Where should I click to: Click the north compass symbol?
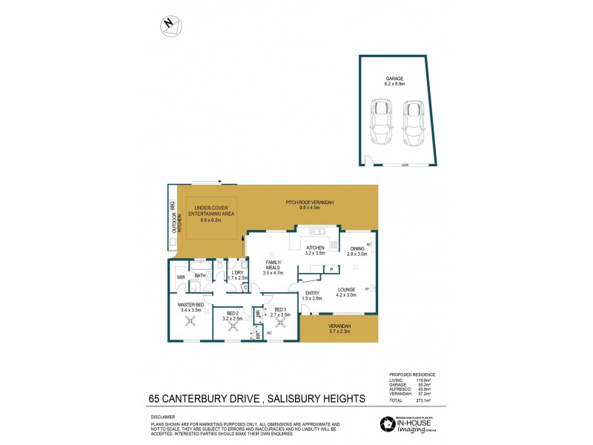170,24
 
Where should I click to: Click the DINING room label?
348,251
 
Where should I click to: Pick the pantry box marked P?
330,269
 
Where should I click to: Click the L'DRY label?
237,275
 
